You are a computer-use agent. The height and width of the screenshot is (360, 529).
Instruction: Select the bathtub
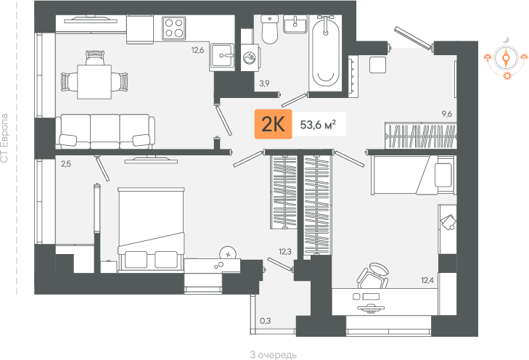coord(326,51)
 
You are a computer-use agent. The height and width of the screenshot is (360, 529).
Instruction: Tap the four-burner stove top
coord(173,28)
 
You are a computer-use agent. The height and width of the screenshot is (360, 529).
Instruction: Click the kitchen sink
coord(222,57)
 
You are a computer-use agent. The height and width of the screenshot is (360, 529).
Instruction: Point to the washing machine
coord(250,57)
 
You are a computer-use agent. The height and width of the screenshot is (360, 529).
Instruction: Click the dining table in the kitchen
coord(94,81)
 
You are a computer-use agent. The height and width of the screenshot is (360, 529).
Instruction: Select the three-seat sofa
coord(105,131)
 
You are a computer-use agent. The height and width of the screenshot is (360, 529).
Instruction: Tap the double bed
coord(151,229)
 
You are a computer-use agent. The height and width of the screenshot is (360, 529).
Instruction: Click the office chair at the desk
coord(373,277)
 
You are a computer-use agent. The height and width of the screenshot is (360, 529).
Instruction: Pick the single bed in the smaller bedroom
coord(411,175)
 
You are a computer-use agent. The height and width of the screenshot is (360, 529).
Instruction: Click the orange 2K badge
coord(273,124)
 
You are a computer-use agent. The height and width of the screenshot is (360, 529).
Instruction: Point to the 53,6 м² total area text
coord(318,125)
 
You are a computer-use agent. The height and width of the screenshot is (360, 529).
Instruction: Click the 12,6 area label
coord(197,51)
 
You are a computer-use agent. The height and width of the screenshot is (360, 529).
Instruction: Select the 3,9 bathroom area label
coord(264,83)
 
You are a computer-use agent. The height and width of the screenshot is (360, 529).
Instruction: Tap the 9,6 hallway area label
coord(447,114)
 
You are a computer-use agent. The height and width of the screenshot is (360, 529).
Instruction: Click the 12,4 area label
coord(427,279)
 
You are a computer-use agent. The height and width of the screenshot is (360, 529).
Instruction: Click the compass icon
coord(506,58)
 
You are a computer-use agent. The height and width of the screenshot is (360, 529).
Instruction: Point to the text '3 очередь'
coord(274,355)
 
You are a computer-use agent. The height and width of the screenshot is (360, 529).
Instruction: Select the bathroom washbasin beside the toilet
coord(295,24)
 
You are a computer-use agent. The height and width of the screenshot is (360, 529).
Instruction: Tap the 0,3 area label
coord(265,321)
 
